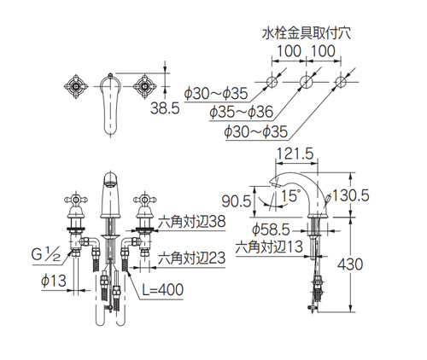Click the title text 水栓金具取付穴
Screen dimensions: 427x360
(x=307, y=34)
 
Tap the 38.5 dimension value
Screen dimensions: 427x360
(x=165, y=108)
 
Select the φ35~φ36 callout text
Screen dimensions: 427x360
(x=242, y=113)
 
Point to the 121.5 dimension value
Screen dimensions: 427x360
(x=295, y=154)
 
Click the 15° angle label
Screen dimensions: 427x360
(x=290, y=196)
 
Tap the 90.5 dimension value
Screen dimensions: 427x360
(x=237, y=201)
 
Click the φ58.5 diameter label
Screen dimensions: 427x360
(x=271, y=230)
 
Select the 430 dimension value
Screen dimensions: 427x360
(x=350, y=264)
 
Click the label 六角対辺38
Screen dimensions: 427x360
(x=192, y=221)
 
